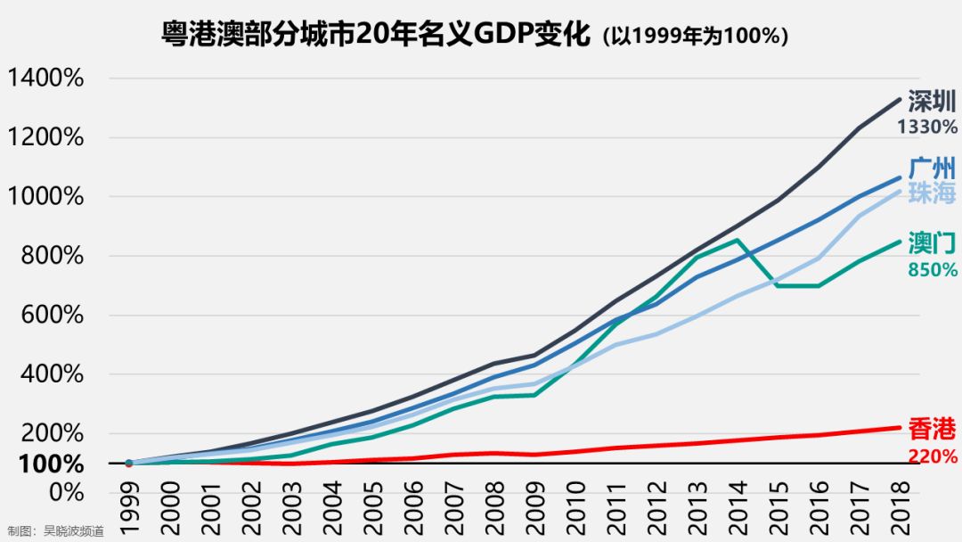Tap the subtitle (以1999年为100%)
(x=695, y=37)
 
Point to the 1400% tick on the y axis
(x=45, y=78)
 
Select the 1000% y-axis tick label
(x=45, y=197)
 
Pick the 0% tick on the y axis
(x=64, y=492)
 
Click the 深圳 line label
(x=932, y=101)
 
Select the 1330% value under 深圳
(x=927, y=127)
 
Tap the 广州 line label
(x=932, y=168)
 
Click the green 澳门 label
(x=932, y=243)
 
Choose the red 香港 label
(x=932, y=430)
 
